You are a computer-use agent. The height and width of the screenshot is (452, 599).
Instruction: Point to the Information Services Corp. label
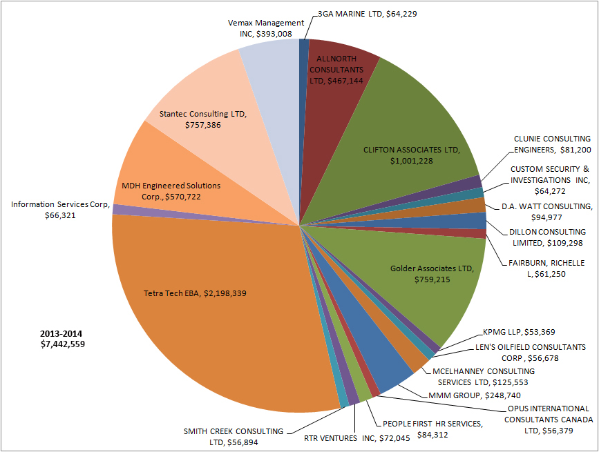58,210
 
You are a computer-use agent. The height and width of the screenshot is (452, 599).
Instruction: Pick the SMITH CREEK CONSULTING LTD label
234,437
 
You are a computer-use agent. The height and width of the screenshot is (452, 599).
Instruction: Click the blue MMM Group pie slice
390,369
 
